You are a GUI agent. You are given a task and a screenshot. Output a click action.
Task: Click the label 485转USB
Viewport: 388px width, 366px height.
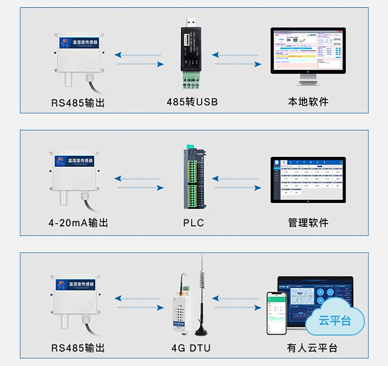tap(192, 102)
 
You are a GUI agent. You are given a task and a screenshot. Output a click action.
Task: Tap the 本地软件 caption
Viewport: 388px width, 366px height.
tap(308, 102)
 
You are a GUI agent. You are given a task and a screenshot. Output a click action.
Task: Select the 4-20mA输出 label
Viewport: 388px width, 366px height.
tap(78, 223)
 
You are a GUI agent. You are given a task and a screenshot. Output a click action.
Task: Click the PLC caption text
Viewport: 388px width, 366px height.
tap(194, 223)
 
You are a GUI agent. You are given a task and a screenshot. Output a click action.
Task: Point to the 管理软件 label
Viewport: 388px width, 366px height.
tap(308, 223)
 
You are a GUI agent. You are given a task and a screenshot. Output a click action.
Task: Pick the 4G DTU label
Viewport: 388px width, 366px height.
tap(191, 348)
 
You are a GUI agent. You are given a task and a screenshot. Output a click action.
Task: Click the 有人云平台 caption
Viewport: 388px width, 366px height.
tap(312, 348)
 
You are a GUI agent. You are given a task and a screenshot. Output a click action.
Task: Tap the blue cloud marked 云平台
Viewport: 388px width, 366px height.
tap(334, 321)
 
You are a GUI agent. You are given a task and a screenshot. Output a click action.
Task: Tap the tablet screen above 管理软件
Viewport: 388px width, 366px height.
tap(308, 179)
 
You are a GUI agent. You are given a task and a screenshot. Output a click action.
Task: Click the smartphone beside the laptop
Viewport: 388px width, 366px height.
tap(275, 313)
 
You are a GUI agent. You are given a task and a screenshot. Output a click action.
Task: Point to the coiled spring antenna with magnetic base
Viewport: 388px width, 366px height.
tap(202, 298)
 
